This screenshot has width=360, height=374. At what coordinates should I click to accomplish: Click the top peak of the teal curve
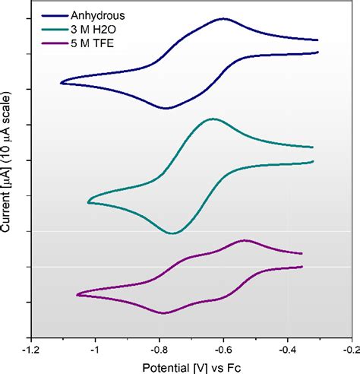click(x=213, y=119)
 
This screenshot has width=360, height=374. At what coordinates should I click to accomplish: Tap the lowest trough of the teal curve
click(x=174, y=233)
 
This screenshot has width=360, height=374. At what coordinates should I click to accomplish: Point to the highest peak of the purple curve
click(x=245, y=240)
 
